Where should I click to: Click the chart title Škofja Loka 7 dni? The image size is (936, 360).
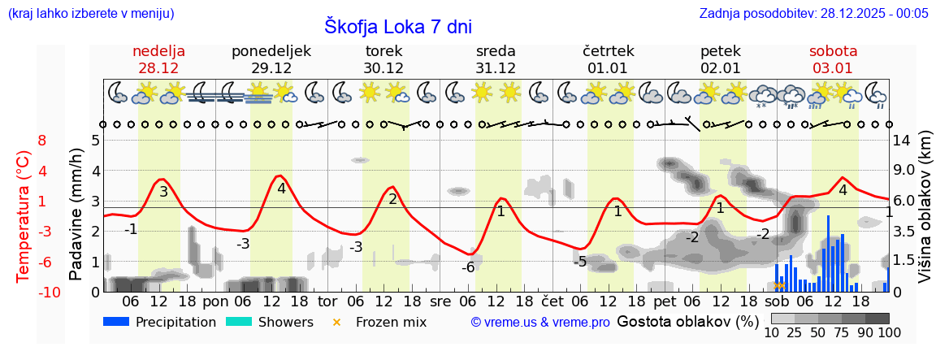pos(398,26)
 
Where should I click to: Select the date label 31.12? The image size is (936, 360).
pos(496,68)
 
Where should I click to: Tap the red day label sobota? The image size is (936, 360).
pos(833,51)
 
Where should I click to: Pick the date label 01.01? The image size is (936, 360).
pos(608,68)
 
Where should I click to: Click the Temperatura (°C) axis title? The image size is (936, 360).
pos(24,215)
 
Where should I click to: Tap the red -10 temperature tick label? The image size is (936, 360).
pos(27,293)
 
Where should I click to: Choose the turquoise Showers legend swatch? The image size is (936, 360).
pos(239,322)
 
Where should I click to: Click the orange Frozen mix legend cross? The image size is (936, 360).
pos(337,322)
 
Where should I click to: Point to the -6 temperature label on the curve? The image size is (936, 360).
pos(468,267)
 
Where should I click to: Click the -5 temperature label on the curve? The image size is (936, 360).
pos(579,262)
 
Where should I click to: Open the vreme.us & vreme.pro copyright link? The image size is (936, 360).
pos(540,323)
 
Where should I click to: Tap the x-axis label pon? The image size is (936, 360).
pos(215,301)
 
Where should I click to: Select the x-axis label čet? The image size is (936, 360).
pos(552,301)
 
